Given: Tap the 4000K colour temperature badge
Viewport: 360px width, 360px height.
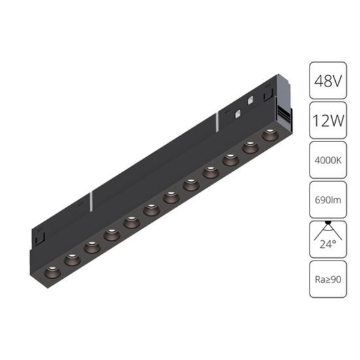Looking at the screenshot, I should (x=328, y=160).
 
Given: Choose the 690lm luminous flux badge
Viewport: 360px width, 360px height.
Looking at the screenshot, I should (x=328, y=197).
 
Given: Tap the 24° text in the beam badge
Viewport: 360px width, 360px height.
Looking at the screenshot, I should (x=328, y=245).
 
